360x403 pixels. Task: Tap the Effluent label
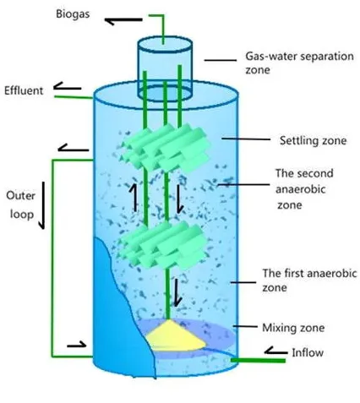pos(23,90)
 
